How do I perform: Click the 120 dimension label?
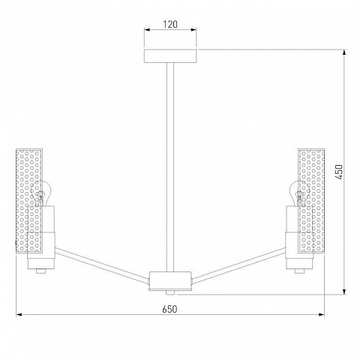170,24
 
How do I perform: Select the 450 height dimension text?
339,172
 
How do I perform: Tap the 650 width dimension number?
169,309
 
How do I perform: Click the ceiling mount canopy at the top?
170,55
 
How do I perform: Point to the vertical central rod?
170,167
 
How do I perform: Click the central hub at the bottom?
170,281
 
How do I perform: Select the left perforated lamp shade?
29,200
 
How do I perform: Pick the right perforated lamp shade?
311,200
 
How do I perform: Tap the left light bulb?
40,193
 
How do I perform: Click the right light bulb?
299,193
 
